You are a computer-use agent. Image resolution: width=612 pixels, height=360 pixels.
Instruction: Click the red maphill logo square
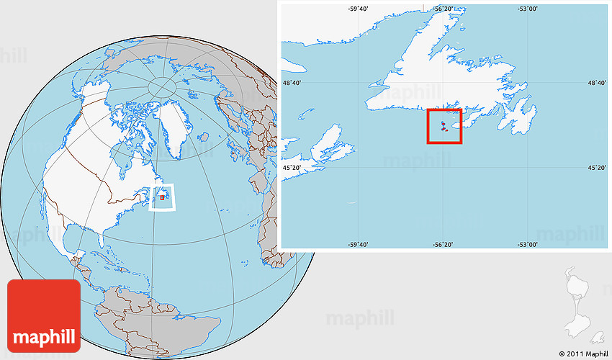coord(43,315)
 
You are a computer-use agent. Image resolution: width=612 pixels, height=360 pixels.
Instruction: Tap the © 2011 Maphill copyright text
coord(582,354)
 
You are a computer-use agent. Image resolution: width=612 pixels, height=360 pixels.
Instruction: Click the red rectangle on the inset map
coord(444,126)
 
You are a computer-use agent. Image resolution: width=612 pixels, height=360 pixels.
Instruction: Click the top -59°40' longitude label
coord(359,9)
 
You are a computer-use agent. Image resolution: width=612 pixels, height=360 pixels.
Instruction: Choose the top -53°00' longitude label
coord(528,9)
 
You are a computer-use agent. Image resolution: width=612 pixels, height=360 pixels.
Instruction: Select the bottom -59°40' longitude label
coord(359,244)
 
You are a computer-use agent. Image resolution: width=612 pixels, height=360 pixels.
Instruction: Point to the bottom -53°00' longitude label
coord(528,244)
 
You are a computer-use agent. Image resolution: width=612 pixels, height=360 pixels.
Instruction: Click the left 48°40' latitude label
coord(292,84)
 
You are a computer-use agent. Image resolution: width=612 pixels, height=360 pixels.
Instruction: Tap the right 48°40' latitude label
coord(598,84)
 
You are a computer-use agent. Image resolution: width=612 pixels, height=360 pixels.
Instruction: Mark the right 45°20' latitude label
coord(598,168)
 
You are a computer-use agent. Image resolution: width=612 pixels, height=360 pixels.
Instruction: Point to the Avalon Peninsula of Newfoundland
coord(521,115)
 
